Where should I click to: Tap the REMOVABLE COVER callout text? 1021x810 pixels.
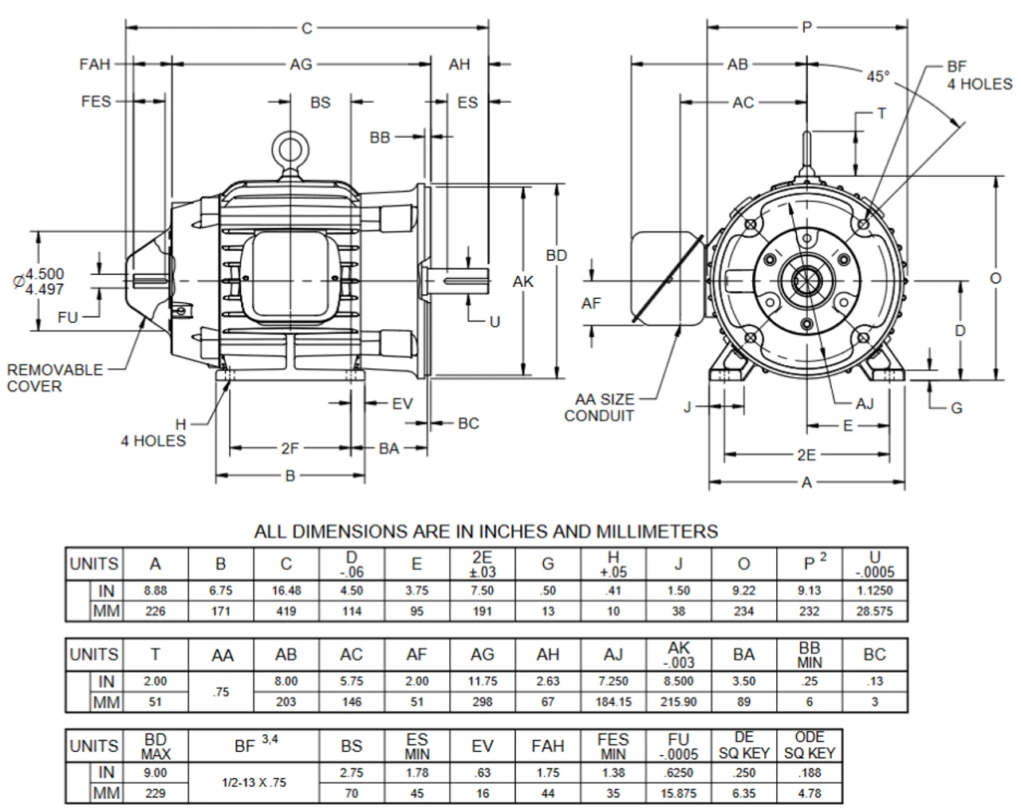point(55,378)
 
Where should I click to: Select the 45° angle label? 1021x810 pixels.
point(877,77)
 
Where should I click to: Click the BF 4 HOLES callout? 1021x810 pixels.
point(979,76)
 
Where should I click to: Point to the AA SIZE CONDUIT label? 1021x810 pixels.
point(604,407)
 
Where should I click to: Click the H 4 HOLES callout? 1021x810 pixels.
point(153,433)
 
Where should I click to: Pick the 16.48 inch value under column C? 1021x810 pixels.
point(286,591)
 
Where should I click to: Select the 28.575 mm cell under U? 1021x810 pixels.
point(875,611)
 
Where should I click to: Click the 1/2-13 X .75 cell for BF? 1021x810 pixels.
point(254,782)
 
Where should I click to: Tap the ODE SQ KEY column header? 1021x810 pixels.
point(809,745)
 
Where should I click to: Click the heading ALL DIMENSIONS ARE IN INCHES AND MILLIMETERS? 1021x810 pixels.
point(486,531)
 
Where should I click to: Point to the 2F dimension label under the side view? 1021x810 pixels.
point(290,449)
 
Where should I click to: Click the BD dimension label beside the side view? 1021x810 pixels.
point(556,255)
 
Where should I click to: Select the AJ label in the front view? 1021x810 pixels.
point(864,403)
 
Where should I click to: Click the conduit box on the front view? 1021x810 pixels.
point(666,277)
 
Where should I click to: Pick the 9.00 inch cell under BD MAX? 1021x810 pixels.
point(156,773)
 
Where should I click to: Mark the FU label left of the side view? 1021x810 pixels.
point(68,317)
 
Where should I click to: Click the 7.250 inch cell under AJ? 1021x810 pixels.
point(613,682)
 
